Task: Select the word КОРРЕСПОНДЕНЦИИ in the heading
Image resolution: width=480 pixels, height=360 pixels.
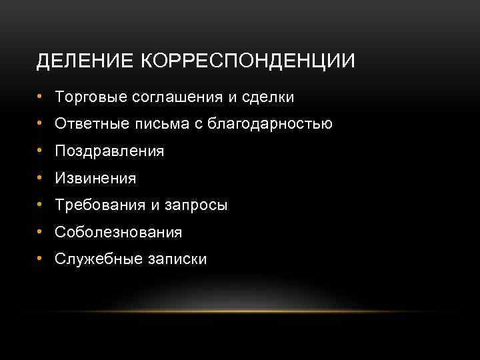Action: pos(248,61)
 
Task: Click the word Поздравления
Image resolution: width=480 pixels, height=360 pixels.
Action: pos(110,151)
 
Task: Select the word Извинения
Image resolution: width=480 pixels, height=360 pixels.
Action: pos(96,178)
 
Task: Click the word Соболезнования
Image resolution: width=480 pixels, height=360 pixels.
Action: pos(119,232)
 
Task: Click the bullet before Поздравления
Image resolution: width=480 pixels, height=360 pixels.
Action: pos(41,151)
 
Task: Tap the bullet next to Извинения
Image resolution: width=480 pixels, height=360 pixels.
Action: pos(41,177)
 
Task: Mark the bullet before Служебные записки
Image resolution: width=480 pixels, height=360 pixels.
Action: pos(41,259)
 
